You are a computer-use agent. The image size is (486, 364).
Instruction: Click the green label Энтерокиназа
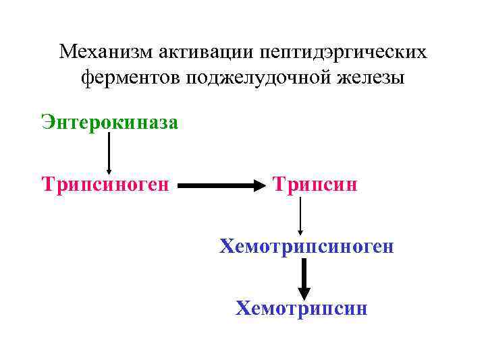point(109,122)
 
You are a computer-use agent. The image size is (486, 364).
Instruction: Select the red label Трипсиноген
point(105,183)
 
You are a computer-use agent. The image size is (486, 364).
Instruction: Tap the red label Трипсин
point(315,183)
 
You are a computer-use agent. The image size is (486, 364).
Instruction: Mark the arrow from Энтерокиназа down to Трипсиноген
point(109,152)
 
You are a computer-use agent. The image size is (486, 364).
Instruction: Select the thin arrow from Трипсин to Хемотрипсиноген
point(300,215)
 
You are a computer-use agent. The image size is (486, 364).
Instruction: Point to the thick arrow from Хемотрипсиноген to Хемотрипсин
point(304,278)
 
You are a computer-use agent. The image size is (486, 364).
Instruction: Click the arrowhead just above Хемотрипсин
point(304,293)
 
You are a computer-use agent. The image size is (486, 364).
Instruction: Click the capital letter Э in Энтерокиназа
point(47,122)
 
